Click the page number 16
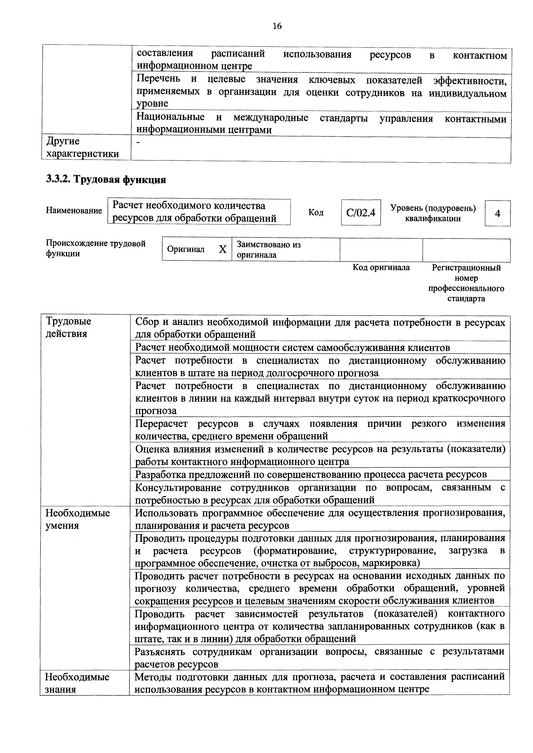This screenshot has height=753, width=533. [277, 26]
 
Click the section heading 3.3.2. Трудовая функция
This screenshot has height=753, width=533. [106, 179]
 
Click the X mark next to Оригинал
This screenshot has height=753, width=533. [223, 250]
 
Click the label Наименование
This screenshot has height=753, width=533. [74, 210]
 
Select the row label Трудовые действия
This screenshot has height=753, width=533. [68, 327]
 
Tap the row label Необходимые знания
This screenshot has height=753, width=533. [77, 683]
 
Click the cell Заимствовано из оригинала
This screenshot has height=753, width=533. [269, 250]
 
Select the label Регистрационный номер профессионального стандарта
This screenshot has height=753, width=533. [466, 283]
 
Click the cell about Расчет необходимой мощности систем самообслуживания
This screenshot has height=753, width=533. [292, 347]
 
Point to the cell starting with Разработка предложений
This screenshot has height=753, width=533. [310, 474]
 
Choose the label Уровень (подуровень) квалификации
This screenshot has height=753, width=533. [433, 213]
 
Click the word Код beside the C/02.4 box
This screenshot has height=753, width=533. [316, 213]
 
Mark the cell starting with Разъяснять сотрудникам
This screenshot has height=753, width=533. [319, 657]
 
